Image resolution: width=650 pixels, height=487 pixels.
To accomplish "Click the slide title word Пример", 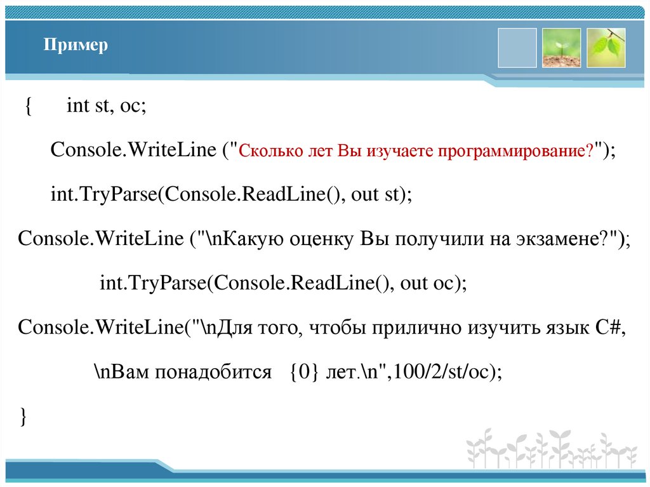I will point(76,46).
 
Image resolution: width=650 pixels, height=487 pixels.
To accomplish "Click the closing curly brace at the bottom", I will point(23,417).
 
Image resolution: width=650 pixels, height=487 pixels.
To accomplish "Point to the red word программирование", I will point(514,152).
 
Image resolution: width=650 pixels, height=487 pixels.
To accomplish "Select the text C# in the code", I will point(611,328).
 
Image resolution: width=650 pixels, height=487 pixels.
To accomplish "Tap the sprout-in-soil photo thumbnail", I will point(561,48).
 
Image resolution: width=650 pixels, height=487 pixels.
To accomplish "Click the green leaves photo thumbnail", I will point(606,48).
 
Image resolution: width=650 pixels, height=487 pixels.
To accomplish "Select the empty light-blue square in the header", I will point(517,48).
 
